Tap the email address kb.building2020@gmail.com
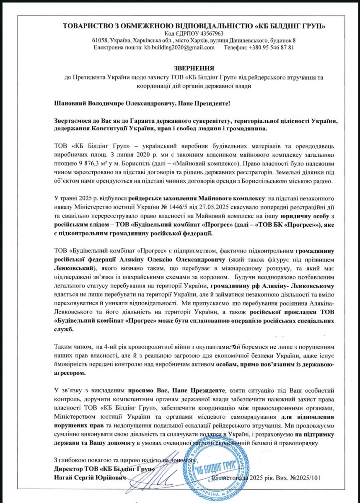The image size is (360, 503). click(179, 47)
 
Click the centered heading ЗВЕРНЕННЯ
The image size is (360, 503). click(194, 68)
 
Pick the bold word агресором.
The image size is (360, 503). click(70, 372)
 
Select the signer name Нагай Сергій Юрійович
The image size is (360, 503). click(90, 478)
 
